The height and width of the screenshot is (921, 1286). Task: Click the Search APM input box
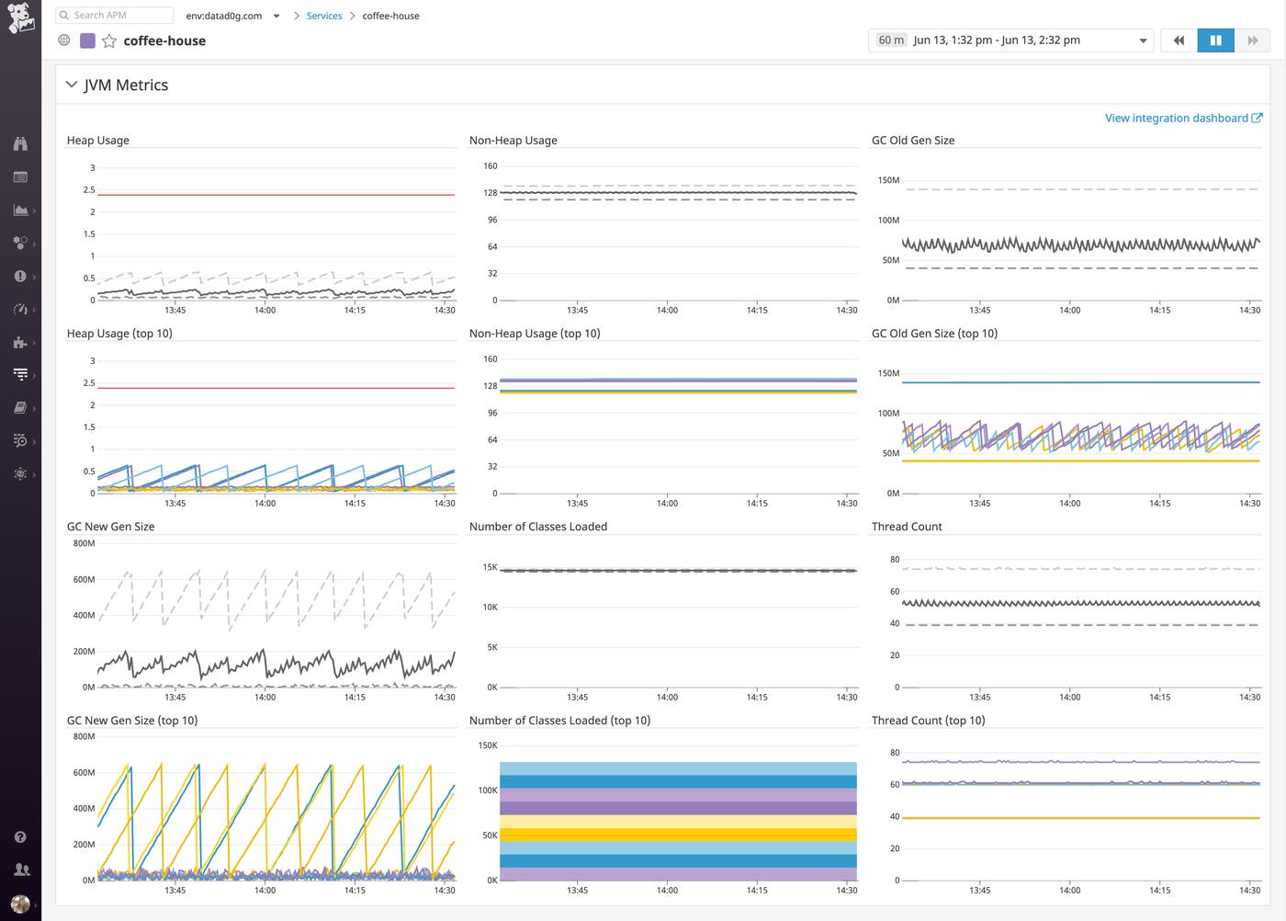point(115,16)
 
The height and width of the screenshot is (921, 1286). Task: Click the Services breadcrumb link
point(324,16)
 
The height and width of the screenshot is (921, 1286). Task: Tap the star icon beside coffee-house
point(109,40)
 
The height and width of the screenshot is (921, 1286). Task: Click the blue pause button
point(1215,40)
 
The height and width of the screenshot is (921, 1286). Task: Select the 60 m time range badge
point(890,40)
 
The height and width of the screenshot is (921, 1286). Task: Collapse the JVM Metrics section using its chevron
point(72,85)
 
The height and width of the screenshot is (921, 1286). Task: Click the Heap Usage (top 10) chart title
point(119,334)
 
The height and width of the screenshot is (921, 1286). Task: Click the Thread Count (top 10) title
point(928,721)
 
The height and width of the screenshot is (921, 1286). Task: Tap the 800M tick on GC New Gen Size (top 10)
point(84,736)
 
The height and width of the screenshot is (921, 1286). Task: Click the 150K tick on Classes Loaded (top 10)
point(487,745)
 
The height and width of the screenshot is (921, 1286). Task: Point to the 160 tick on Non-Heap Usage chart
point(490,166)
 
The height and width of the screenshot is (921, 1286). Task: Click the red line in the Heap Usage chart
point(276,195)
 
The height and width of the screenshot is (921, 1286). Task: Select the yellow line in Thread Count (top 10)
point(1080,818)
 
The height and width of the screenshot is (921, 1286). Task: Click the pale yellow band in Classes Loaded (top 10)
point(678,822)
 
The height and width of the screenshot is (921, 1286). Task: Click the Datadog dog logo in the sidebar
point(20,18)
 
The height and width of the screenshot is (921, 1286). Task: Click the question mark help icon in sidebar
point(20,837)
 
